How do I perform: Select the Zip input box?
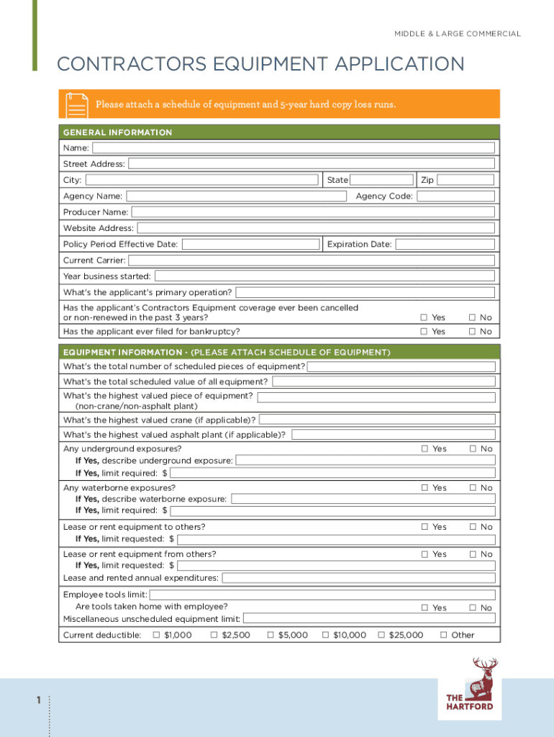[466, 180]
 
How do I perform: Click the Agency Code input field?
[456, 196]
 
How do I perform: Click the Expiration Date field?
[445, 244]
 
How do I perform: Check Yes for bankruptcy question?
[424, 332]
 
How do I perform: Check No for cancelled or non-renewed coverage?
[473, 317]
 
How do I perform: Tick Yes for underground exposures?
[424, 449]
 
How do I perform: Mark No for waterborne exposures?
[473, 488]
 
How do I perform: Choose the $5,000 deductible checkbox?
[271, 635]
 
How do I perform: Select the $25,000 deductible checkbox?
[381, 635]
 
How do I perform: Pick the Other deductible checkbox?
[443, 635]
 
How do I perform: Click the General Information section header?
[118, 132]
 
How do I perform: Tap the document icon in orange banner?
[76, 104]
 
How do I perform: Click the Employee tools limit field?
[322, 594]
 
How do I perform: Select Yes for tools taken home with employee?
[424, 608]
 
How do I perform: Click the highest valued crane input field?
[377, 420]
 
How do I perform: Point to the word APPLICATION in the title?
[384, 65]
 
